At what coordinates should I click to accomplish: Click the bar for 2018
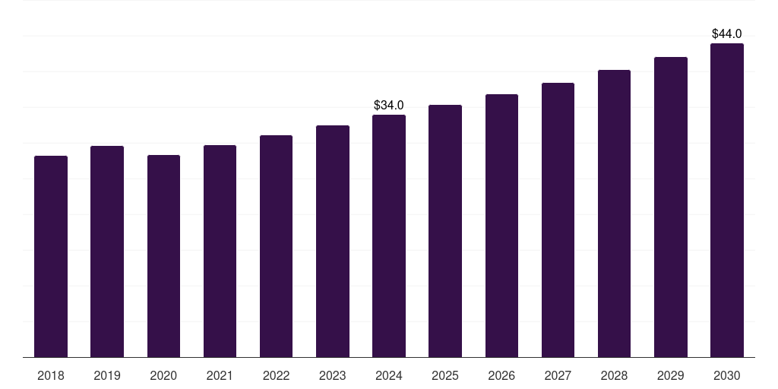pos(51,256)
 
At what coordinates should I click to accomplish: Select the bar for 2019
pos(107,251)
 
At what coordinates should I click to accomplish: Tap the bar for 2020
pos(163,256)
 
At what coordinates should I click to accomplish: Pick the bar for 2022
pos(276,246)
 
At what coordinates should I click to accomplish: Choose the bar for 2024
pos(389,236)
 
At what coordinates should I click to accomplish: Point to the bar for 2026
pos(501,226)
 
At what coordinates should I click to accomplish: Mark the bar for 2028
pos(614,213)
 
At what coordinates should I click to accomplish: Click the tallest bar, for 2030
pos(727,200)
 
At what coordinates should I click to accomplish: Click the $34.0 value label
pos(389,105)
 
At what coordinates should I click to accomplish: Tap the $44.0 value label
pos(727,33)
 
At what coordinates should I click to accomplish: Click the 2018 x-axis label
pos(51,375)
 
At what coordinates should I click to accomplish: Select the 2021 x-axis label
pos(220,375)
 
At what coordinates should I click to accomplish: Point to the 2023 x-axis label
pos(333,375)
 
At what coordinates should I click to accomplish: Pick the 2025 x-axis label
pos(445,375)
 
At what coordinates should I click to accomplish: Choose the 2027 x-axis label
pos(558,375)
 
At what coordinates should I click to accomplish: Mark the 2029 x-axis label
pos(671,375)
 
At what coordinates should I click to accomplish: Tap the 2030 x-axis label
pos(727,375)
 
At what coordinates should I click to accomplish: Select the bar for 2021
pos(220,251)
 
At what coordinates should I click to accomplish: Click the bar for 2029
pos(671,207)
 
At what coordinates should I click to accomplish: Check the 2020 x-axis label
pos(163,375)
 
